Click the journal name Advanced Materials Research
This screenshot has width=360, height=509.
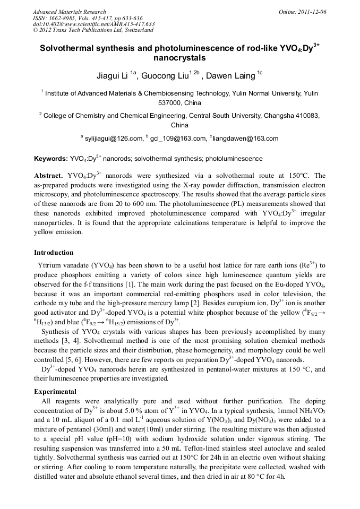pos(69,12)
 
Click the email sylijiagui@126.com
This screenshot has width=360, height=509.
pos(113,139)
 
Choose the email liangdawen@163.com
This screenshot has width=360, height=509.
pos(246,139)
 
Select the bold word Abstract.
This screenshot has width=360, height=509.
pos(49,175)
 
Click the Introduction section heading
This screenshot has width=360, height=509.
pos(54,253)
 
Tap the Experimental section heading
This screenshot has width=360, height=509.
pos(55,392)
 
